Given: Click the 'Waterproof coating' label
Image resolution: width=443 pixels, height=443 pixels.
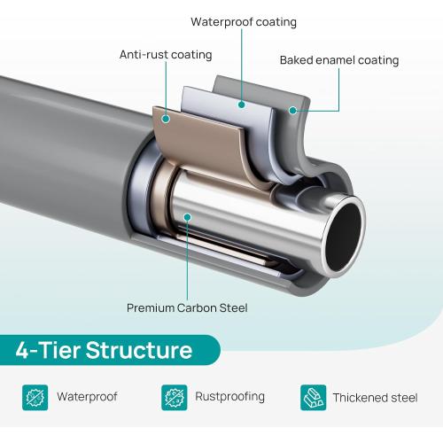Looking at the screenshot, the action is pyautogui.click(x=244, y=22).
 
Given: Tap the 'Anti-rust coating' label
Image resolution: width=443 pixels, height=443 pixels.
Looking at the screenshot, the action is pyautogui.click(x=166, y=55).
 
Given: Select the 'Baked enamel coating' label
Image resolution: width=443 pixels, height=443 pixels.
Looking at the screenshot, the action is pyautogui.click(x=339, y=60).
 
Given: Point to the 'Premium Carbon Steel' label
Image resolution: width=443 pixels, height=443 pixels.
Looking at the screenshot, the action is pyautogui.click(x=187, y=308).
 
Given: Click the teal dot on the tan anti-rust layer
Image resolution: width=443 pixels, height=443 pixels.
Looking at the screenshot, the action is pyautogui.click(x=166, y=119).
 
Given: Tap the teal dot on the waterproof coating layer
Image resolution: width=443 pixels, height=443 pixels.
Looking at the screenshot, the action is pyautogui.click(x=242, y=105).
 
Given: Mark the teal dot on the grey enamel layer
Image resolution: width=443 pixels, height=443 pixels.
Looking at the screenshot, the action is pyautogui.click(x=292, y=111).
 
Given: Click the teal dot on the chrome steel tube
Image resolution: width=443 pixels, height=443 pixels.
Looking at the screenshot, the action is pyautogui.click(x=187, y=217).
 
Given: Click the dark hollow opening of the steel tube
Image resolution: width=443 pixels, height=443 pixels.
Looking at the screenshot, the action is pyautogui.click(x=343, y=236).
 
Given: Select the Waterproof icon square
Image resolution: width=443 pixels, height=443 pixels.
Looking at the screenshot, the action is pyautogui.click(x=35, y=398).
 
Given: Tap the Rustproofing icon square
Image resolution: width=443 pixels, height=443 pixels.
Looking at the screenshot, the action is pyautogui.click(x=175, y=398).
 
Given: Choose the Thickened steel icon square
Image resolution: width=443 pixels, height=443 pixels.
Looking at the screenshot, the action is pyautogui.click(x=314, y=398).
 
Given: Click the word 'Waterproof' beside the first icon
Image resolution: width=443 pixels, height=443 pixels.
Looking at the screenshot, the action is pyautogui.click(x=87, y=397).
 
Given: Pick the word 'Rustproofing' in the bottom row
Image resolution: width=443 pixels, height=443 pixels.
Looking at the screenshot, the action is pyautogui.click(x=229, y=397).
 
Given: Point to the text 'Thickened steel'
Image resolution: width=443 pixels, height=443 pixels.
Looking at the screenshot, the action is pyautogui.click(x=375, y=398).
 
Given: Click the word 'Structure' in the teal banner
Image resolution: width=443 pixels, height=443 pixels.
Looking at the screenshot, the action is pyautogui.click(x=139, y=350).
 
